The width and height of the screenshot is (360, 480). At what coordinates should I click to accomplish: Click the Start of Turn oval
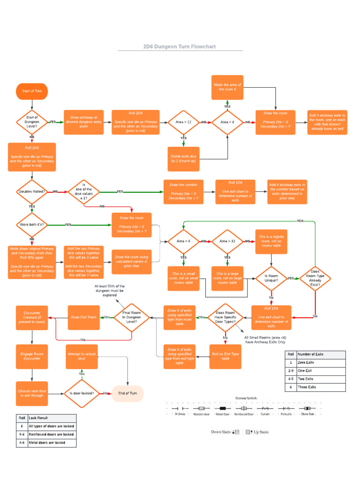pyautogui.click(x=32, y=91)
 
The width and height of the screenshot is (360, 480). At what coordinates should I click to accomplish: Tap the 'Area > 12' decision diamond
pyautogui.click(x=183, y=122)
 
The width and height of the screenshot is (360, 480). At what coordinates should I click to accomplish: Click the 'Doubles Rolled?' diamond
pyautogui.click(x=32, y=191)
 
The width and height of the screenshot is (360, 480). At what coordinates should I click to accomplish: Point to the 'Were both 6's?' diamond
pyautogui.click(x=32, y=225)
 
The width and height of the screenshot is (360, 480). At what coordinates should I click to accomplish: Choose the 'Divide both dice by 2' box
pyautogui.click(x=183, y=158)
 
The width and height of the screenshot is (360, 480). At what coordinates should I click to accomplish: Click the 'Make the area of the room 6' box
pyautogui.click(x=227, y=87)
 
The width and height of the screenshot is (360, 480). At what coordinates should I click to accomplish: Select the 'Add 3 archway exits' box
pyautogui.click(x=327, y=122)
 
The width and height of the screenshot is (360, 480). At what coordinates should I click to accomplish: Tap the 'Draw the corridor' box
pyautogui.click(x=184, y=191)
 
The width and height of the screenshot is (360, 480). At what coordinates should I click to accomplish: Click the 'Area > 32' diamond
pyautogui.click(x=227, y=241)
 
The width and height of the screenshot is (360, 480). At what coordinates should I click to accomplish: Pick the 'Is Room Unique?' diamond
pyautogui.click(x=271, y=278)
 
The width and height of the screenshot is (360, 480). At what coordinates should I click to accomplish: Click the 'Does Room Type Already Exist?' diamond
pyautogui.click(x=315, y=278)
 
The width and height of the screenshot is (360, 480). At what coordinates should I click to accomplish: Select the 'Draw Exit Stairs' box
pyautogui.click(x=84, y=317)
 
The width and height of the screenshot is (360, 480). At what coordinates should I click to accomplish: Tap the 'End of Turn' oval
pyautogui.click(x=127, y=393)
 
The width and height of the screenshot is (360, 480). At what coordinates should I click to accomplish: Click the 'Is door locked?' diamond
pyautogui.click(x=82, y=393)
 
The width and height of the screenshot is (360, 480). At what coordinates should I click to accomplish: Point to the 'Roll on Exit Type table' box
pyautogui.click(x=225, y=356)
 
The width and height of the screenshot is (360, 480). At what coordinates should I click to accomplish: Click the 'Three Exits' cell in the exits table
pyautogui.click(x=321, y=387)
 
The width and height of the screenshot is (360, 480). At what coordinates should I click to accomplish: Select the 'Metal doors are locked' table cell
pyautogui.click(x=51, y=442)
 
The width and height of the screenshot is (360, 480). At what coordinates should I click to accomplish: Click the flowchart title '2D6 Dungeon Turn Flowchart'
pyautogui.click(x=180, y=47)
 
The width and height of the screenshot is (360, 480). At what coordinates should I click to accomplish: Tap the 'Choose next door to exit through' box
pyautogui.click(x=32, y=393)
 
